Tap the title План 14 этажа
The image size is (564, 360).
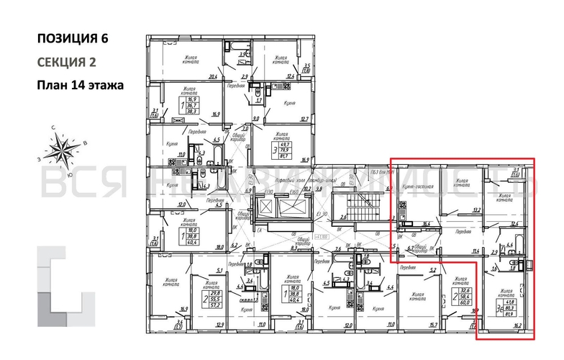(x=80, y=85)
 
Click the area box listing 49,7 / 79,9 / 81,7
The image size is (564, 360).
(x=294, y=150)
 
